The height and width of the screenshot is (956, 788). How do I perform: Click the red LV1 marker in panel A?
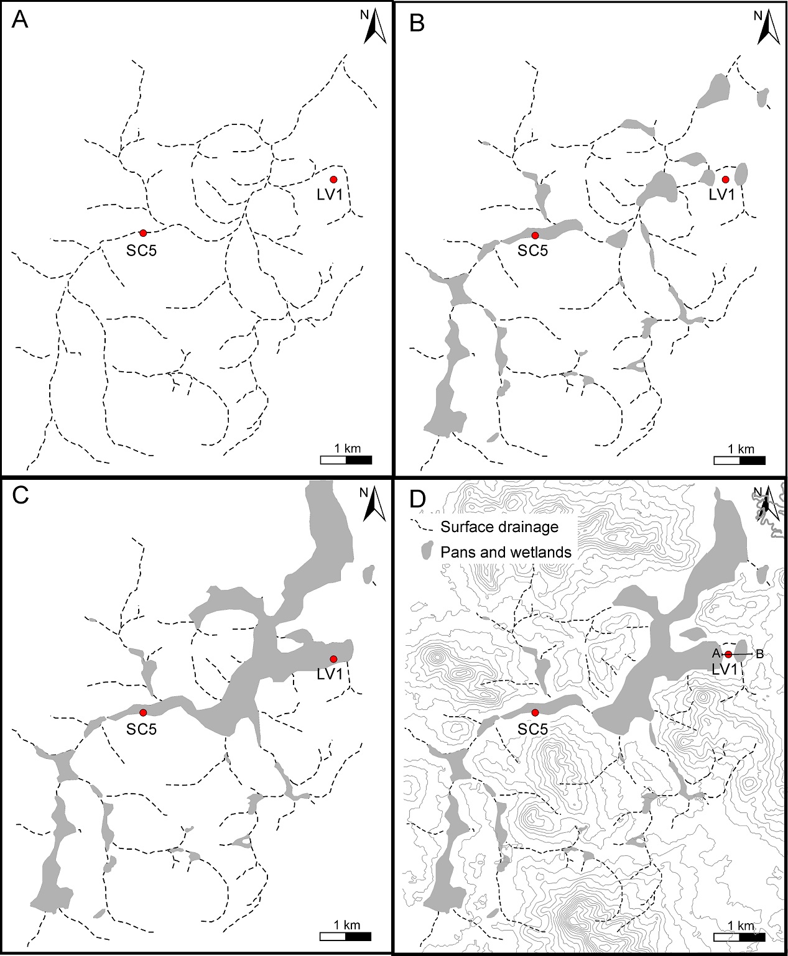tap(333, 180)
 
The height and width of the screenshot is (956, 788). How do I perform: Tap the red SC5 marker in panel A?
tap(143, 233)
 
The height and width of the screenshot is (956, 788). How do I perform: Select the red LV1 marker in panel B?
tap(725, 180)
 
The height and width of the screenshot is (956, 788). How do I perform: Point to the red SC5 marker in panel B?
tap(535, 235)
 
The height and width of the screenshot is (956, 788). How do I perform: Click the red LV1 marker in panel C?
tap(333, 659)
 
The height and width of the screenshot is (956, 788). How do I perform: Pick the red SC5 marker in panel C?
tap(143, 712)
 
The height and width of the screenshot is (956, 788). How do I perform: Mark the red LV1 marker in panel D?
tap(728, 654)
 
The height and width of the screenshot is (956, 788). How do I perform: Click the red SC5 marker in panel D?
tap(535, 712)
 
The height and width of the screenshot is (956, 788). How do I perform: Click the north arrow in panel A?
tap(375, 28)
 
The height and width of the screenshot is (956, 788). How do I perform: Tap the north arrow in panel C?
tap(374, 504)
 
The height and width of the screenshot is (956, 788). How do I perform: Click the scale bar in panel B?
tap(739, 461)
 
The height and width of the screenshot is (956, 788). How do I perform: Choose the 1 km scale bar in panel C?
tap(346, 937)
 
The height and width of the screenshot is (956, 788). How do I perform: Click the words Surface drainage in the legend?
tap(499, 527)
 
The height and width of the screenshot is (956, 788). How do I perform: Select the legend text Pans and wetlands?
tap(506, 552)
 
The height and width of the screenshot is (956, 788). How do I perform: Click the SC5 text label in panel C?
tap(142, 729)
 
